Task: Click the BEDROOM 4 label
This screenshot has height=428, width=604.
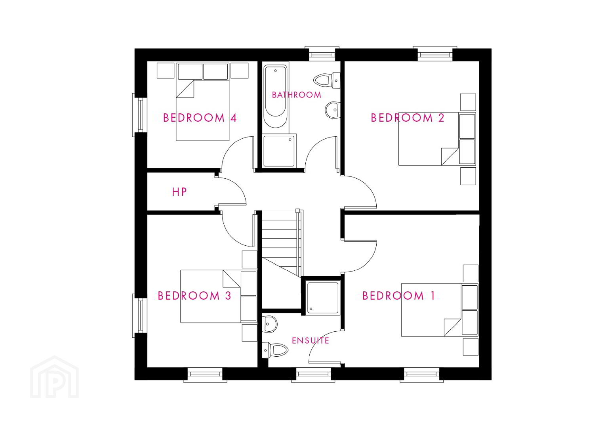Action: [200, 118]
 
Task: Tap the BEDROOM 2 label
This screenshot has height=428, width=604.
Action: [408, 118]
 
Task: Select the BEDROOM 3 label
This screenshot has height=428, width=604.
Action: [194, 296]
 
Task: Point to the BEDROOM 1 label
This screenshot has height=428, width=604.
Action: [398, 296]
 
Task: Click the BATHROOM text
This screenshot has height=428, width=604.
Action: [297, 95]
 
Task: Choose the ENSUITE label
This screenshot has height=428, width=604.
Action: [311, 340]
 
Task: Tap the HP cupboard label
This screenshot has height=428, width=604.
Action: [179, 192]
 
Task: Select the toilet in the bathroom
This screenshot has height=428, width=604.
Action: [326, 80]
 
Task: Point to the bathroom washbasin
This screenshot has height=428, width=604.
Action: [333, 110]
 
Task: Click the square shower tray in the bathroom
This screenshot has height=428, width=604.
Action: [279, 151]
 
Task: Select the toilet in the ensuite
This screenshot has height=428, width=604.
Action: [275, 350]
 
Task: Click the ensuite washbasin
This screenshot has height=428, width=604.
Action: [270, 325]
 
